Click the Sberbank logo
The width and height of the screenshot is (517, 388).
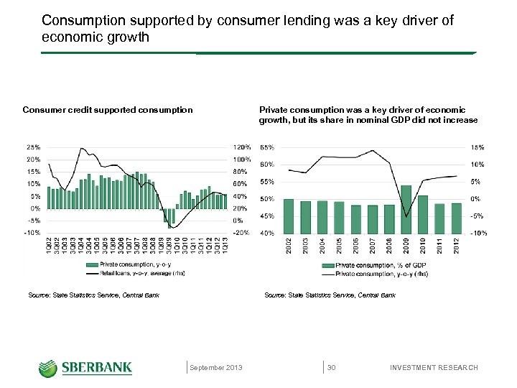point(85,367)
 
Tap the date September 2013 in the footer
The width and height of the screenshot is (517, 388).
point(216,368)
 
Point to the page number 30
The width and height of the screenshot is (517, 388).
point(332,368)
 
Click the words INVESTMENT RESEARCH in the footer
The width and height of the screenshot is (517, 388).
point(434,368)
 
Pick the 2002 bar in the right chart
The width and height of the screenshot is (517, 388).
point(289,216)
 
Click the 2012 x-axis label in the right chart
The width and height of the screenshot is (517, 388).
point(457,244)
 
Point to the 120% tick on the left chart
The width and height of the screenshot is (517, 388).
point(241,147)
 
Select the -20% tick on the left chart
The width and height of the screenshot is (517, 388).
point(241,233)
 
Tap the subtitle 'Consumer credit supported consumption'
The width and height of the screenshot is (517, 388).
point(108,110)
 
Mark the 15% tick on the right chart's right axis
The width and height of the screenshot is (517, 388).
point(478,147)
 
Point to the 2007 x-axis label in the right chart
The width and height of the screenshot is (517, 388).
point(372,244)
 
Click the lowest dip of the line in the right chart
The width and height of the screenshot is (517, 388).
point(406,216)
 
